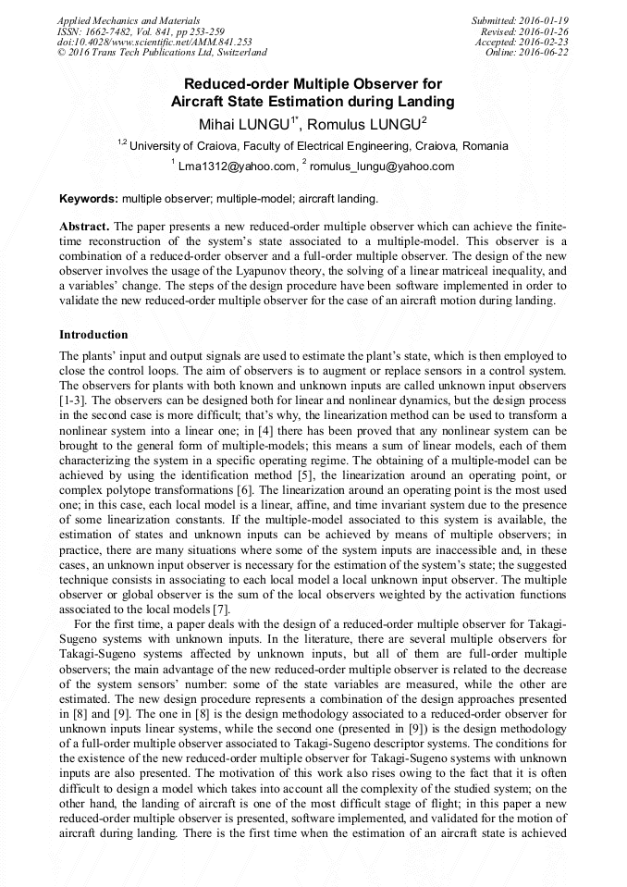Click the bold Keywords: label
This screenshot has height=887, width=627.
point(89,199)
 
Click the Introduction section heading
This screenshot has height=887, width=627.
point(93,335)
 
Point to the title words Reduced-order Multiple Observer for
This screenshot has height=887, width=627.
point(313,84)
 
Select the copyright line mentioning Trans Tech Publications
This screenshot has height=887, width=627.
point(162,53)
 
